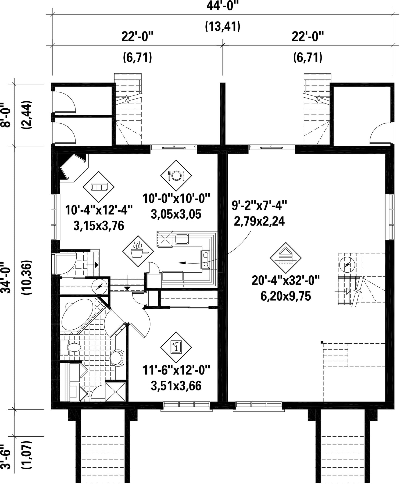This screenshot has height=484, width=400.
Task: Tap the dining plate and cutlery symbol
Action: [176, 176]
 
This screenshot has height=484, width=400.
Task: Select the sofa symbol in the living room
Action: [99, 187]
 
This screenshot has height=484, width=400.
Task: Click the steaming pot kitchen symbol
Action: [138, 251]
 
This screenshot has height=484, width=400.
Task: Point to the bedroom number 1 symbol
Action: [176, 347]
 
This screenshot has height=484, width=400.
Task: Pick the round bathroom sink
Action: [117, 358]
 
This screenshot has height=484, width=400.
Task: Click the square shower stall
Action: [116, 392]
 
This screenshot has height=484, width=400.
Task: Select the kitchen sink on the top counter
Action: [182, 239]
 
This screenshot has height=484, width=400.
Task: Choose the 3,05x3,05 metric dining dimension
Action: [176, 214]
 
